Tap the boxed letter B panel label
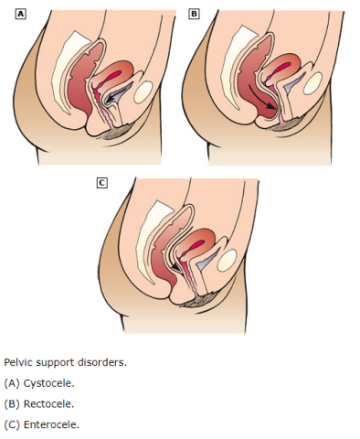[x=193, y=14]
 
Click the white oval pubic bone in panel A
[x=144, y=91]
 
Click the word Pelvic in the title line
[x=18, y=361]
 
